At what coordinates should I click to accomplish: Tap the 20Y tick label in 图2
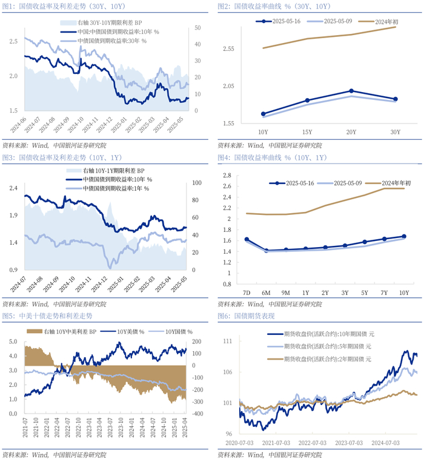351,132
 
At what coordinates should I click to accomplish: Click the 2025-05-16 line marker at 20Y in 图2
351,91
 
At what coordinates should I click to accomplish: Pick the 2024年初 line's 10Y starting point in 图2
263,48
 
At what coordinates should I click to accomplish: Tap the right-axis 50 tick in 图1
197,28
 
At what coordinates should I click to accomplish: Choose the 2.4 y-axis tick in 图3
13,188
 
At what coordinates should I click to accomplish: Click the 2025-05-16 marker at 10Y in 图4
404,236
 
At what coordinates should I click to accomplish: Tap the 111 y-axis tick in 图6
228,342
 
